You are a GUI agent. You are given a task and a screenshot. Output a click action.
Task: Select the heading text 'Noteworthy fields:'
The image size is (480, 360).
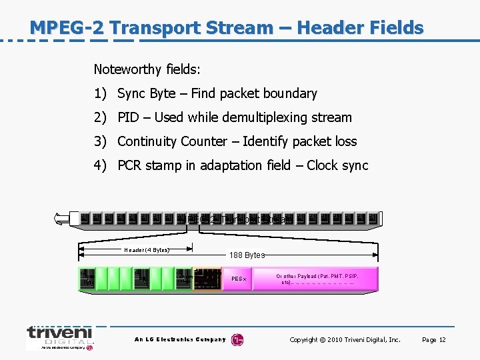pyautogui.click(x=147, y=69)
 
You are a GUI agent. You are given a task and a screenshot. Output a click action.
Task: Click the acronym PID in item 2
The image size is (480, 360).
pyautogui.click(x=128, y=117)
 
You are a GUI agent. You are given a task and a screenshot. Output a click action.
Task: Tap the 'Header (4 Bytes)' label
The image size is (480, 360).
pyautogui.click(x=147, y=250)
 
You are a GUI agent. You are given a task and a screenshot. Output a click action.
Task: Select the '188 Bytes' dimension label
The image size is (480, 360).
pyautogui.click(x=247, y=255)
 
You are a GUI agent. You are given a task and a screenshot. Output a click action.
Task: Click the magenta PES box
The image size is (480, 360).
pyautogui.click(x=239, y=279)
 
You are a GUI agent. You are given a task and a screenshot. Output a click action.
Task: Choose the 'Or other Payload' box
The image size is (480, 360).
pyautogui.click(x=317, y=279)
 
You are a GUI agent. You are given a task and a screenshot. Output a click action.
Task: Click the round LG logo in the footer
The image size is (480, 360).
pyautogui.click(x=237, y=340)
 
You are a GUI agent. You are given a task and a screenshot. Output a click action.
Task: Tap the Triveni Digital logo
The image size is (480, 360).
pyautogui.click(x=60, y=337)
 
